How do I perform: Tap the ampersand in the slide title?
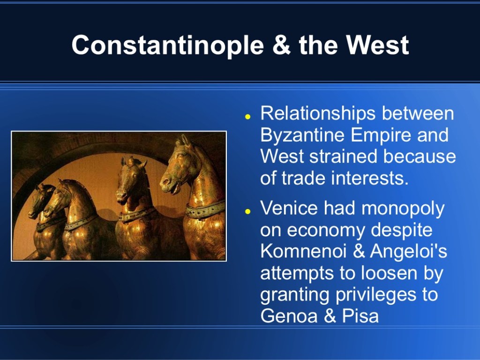281,45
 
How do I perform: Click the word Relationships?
318,113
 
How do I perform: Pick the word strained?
343,156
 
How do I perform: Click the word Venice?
289,208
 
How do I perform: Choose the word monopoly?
403,209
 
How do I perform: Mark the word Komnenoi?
303,251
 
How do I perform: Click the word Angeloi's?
408,251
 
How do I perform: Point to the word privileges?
376,295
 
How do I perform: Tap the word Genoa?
289,315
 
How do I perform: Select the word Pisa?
360,315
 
